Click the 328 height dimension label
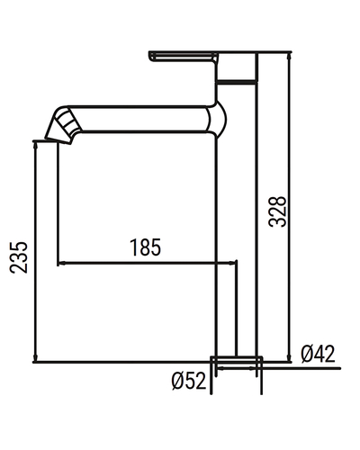point(278,211)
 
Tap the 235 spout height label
point(19,257)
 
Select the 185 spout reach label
point(145,247)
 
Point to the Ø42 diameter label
point(318,354)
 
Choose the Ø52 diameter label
point(189,381)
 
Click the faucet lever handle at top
point(183,57)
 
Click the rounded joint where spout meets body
point(218,119)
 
